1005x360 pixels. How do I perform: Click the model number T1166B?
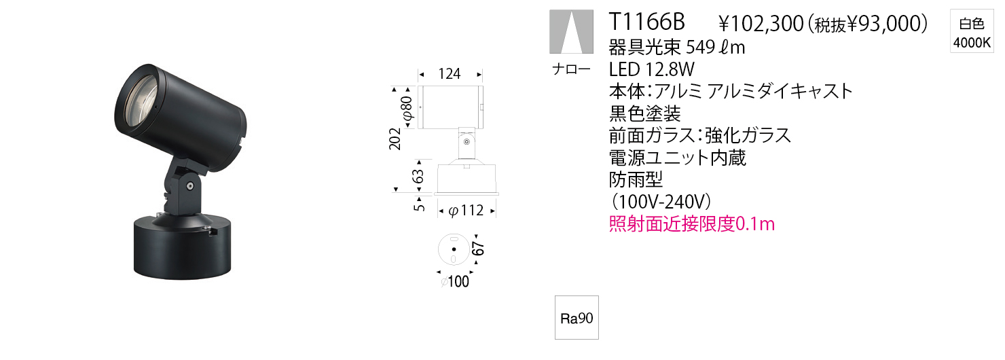[x=646, y=22]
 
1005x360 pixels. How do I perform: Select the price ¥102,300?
[x=761, y=24]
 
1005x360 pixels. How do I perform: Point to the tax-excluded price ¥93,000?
[x=887, y=24]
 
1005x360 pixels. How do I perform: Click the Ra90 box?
[x=577, y=318]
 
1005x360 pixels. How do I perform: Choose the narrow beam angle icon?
[x=571, y=31]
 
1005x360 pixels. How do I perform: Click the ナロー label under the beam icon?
[x=571, y=69]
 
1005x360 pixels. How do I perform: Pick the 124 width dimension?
[x=450, y=73]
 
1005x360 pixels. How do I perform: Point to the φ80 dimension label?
[x=407, y=108]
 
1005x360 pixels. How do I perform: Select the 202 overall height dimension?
[x=395, y=139]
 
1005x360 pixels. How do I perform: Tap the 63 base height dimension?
[x=418, y=176]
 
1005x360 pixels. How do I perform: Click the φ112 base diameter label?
[x=466, y=210]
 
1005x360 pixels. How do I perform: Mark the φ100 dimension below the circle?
[x=455, y=281]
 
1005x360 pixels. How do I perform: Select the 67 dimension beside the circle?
[x=479, y=248]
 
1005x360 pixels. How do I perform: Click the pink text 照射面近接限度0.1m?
[x=692, y=224]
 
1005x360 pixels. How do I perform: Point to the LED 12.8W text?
[x=651, y=69]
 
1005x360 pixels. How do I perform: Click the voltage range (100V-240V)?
[x=660, y=202]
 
